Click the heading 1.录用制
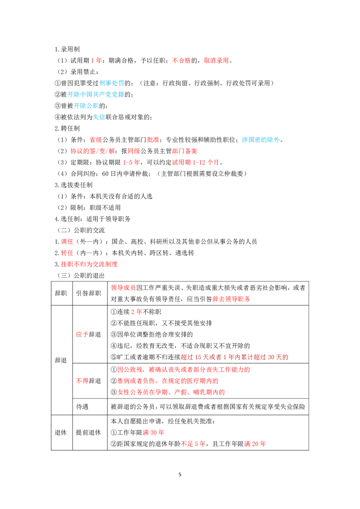pyautogui.click(x=67, y=49)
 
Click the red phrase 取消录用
pyautogui.click(x=216, y=61)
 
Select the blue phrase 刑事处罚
pyautogui.click(x=112, y=84)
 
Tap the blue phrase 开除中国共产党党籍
pyautogui.click(x=96, y=95)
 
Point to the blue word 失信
pyautogui.click(x=99, y=117)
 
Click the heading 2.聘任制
pyautogui.click(x=67, y=129)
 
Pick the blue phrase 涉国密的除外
pyautogui.click(x=261, y=140)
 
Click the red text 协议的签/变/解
pyautogui.click(x=93, y=151)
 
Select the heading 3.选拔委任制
pyautogui.click(x=73, y=185)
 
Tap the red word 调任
pyautogui.click(x=67, y=242)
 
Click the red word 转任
pyautogui.click(x=67, y=253)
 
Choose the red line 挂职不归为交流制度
pyautogui.click(x=86, y=264)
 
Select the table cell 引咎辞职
pyautogui.click(x=88, y=294)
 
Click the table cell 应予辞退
pyautogui.click(x=88, y=335)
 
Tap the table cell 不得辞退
pyautogui.click(x=88, y=381)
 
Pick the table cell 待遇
pyautogui.click(x=82, y=407)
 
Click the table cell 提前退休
pyautogui.click(x=88, y=433)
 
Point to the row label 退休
pyautogui.click(x=61, y=433)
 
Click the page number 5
pyautogui.click(x=180, y=474)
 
